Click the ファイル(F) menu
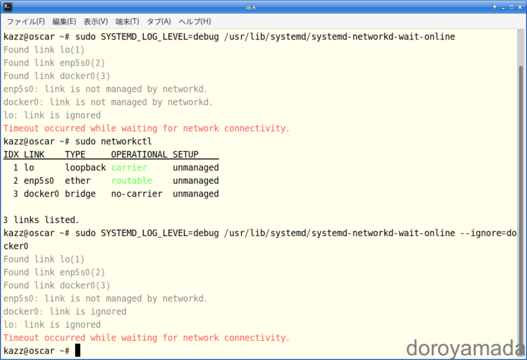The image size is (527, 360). (x=26, y=22)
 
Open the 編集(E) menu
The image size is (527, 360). (x=64, y=22)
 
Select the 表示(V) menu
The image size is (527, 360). (x=96, y=22)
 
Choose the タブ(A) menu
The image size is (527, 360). (x=159, y=22)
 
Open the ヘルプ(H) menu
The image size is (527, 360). (x=194, y=22)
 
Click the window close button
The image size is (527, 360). (x=520, y=7)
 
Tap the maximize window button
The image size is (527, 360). (x=511, y=7)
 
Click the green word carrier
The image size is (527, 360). (x=129, y=167)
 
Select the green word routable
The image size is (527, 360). (x=132, y=181)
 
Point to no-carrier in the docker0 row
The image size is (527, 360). (x=137, y=194)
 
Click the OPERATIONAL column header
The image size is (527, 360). (x=139, y=154)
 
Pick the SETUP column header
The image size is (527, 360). (x=186, y=154)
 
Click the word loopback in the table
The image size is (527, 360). (x=86, y=167)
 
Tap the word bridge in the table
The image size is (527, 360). (x=80, y=194)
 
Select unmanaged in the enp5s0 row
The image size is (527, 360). (x=196, y=181)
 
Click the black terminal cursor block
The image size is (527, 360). (x=78, y=350)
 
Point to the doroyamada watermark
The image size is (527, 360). (x=465, y=349)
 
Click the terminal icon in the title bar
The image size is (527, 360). (x=8, y=7)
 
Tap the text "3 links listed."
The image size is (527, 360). (x=42, y=220)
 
